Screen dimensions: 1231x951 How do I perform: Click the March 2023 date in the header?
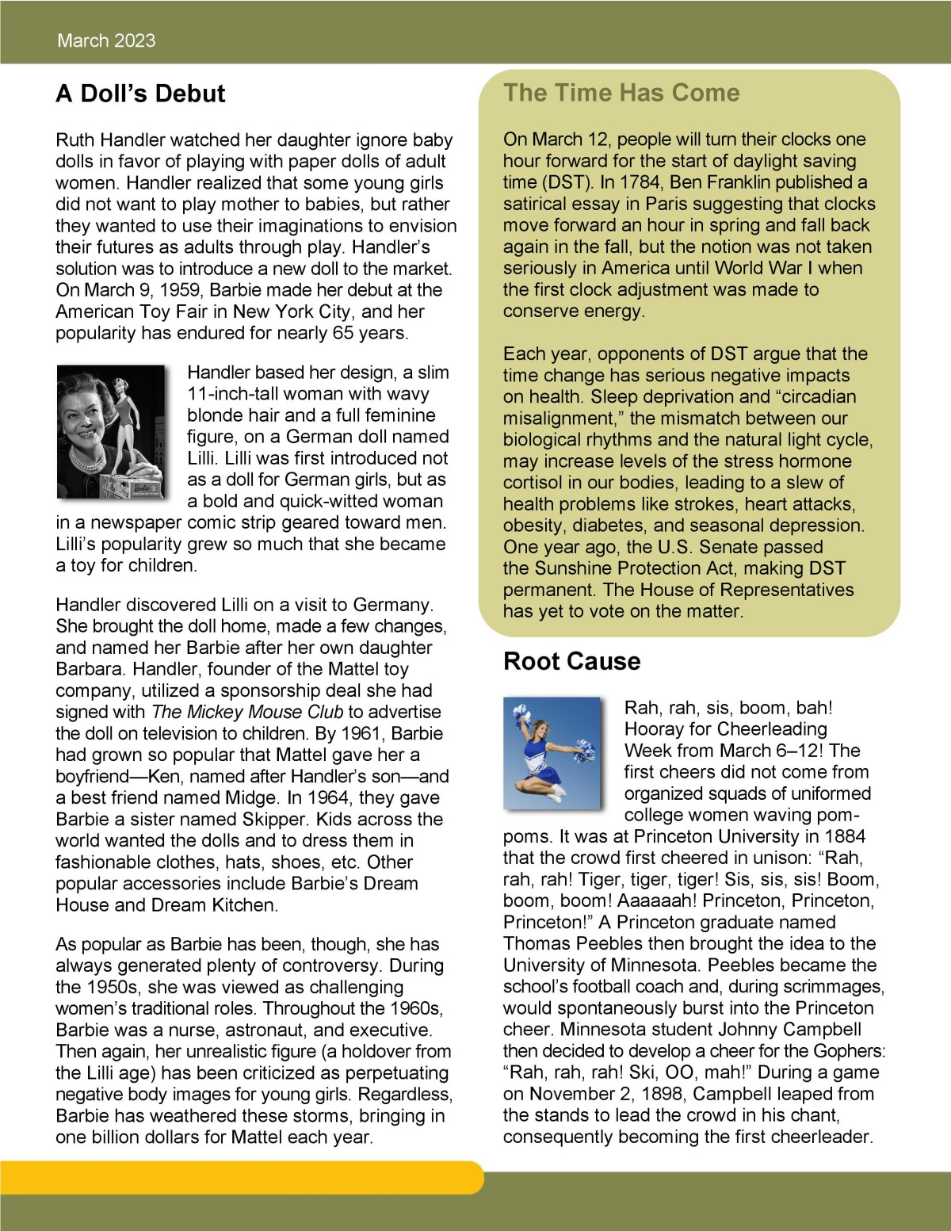point(106,40)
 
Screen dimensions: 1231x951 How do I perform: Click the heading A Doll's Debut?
point(140,94)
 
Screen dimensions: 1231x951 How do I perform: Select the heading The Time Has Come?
point(621,93)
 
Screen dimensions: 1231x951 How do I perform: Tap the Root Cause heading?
point(571,661)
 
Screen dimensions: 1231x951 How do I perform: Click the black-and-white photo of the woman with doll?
point(111,432)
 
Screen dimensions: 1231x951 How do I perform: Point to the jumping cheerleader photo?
point(552,753)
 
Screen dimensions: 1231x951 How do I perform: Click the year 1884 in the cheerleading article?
point(844,836)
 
